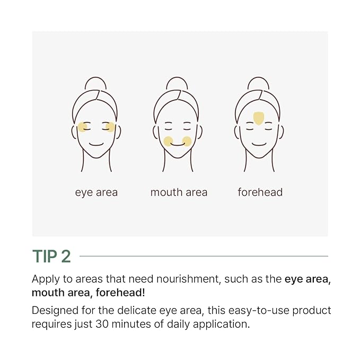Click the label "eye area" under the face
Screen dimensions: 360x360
point(96,192)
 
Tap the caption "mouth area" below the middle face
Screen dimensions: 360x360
point(178,192)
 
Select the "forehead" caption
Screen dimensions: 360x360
point(260,192)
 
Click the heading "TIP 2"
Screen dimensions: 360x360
point(51,256)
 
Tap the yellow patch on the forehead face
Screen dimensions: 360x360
point(259,118)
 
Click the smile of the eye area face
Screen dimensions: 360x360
point(96,144)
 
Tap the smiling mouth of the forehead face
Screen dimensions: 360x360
point(259,144)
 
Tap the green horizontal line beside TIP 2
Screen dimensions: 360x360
point(204,256)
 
